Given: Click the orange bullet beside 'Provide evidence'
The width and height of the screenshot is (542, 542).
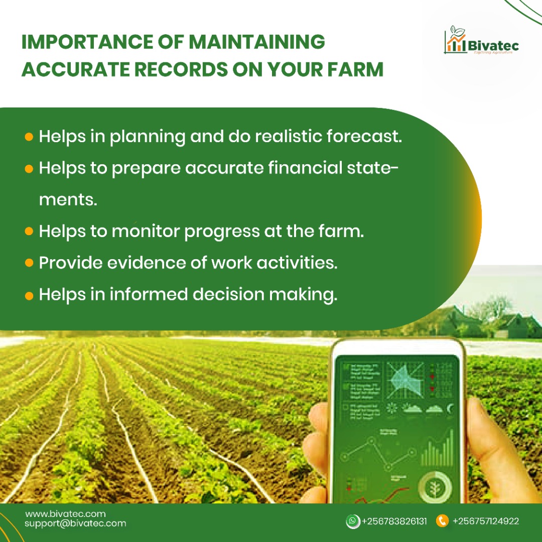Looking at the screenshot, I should pyautogui.click(x=29, y=263).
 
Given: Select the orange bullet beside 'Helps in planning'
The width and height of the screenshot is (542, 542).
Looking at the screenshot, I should pyautogui.click(x=29, y=137).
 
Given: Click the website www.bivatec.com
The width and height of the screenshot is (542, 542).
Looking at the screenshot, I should pyautogui.click(x=65, y=514).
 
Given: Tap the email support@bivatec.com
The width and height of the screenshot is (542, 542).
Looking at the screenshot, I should pyautogui.click(x=75, y=523).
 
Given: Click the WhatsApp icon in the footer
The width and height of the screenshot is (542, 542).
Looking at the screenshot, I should pyautogui.click(x=353, y=521).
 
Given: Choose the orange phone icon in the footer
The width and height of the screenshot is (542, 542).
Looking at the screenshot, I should pyautogui.click(x=442, y=521).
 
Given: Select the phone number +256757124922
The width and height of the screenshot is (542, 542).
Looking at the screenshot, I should pyautogui.click(x=485, y=521).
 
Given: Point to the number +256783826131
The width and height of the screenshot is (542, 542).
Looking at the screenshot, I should pyautogui.click(x=394, y=521).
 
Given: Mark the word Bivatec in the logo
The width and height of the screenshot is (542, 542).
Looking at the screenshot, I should pyautogui.click(x=494, y=46).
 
